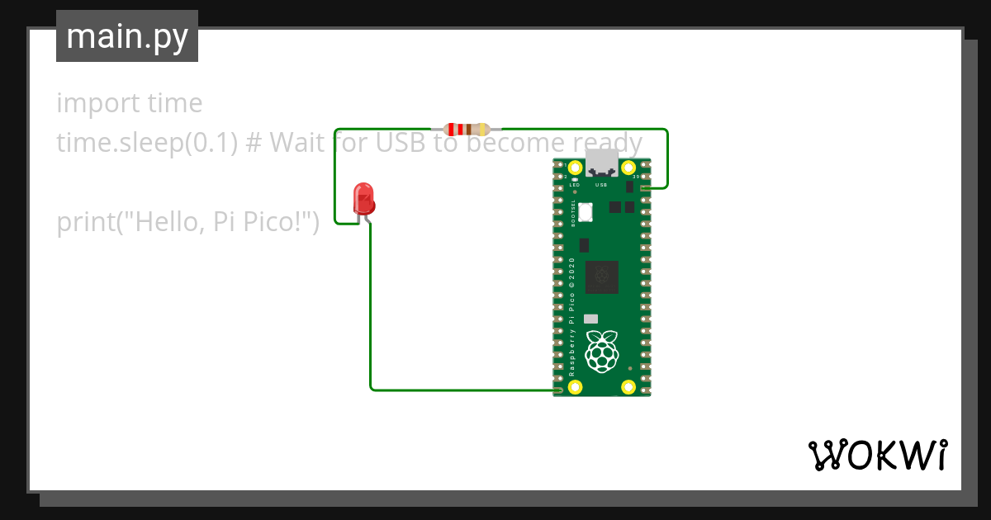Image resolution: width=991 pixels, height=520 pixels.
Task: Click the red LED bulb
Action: [x=363, y=198]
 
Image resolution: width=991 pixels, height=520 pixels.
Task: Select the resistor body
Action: [x=467, y=129]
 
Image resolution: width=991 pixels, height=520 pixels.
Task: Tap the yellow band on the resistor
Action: [x=482, y=129]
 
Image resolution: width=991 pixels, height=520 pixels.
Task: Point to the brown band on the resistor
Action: [x=469, y=129]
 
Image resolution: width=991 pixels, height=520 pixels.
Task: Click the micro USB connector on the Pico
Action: [x=601, y=163]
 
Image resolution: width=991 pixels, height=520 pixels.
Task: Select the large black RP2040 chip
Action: [x=602, y=277]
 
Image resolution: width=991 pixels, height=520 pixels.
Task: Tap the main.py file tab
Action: [x=127, y=36]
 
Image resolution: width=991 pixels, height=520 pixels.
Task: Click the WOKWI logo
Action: [x=877, y=455]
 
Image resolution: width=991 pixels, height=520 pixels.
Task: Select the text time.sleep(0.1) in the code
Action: [x=147, y=144]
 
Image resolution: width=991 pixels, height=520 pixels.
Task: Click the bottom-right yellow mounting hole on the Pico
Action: [x=628, y=387]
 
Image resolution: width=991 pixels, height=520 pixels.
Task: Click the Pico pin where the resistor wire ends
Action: [x=644, y=189]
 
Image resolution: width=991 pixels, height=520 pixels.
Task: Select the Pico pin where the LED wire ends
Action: [x=559, y=389]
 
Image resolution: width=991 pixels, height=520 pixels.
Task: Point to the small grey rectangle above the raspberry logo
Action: [x=590, y=319]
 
